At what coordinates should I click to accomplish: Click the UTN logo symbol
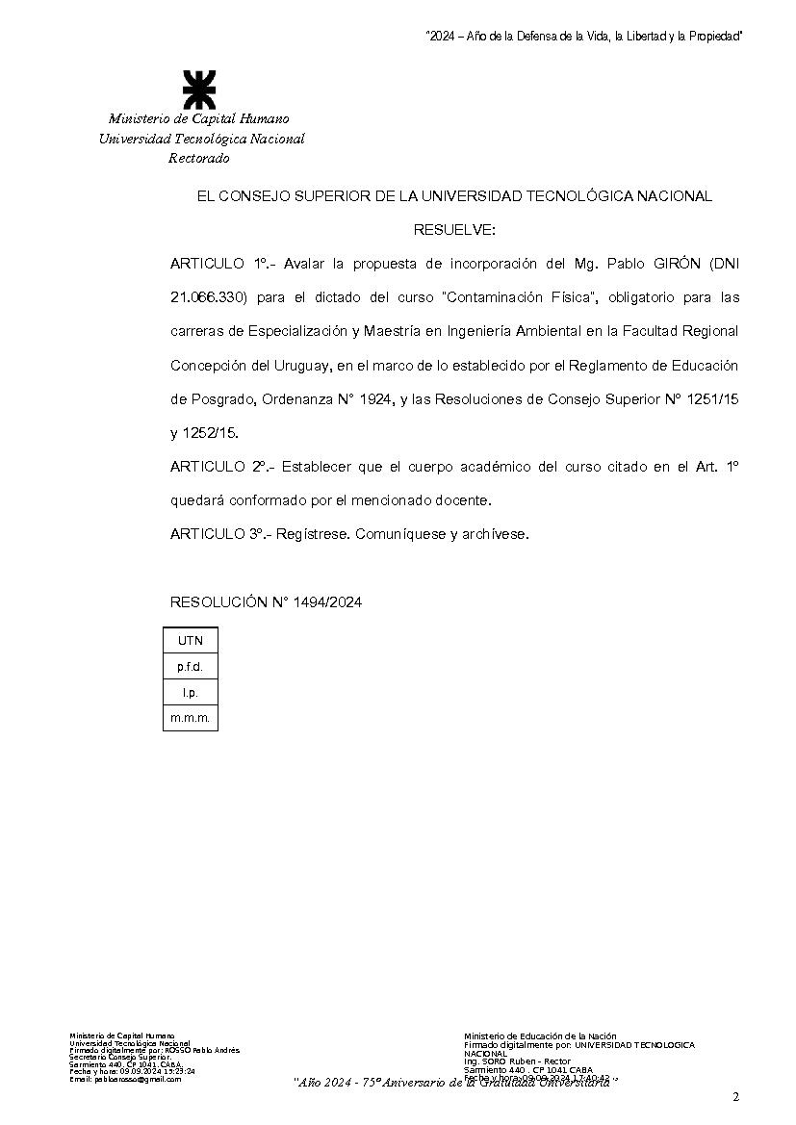(x=199, y=89)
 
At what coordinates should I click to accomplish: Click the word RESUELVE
(x=454, y=230)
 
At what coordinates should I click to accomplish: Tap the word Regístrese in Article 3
(x=310, y=533)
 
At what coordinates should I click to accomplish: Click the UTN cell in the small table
(x=190, y=640)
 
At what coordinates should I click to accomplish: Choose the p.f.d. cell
(x=190, y=666)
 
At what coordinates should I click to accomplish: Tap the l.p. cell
(x=190, y=692)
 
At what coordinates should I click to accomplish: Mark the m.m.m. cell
(x=190, y=718)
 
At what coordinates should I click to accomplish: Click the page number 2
(x=735, y=1097)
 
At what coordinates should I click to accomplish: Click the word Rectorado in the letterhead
(x=199, y=159)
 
